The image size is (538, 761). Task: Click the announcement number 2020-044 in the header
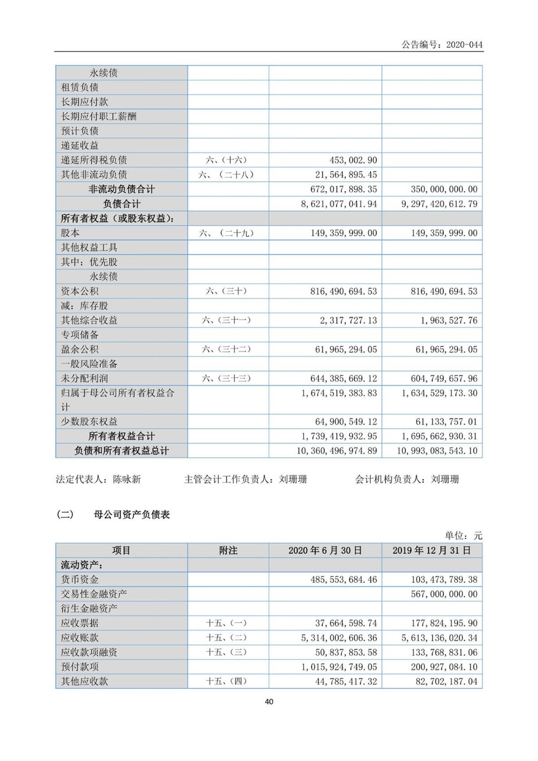tap(464, 44)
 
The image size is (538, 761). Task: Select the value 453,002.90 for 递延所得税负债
tap(353, 160)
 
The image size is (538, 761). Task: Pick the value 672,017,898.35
tap(339, 189)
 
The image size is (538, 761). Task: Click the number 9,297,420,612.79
tap(439, 204)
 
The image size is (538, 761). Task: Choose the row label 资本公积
tap(79, 291)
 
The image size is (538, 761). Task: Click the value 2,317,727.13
tap(348, 321)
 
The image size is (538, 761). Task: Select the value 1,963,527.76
tap(449, 321)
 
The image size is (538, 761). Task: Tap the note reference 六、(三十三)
tap(226, 378)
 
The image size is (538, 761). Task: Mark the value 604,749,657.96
tap(444, 378)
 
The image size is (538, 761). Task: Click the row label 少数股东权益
tap(89, 422)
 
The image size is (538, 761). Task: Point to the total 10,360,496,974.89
tap(337, 451)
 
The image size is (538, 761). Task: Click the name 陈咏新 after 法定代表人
tap(127, 479)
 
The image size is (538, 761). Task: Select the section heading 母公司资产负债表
tap(132, 515)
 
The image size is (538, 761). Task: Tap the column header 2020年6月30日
tap(325, 551)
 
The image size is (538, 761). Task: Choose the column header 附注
tap(228, 551)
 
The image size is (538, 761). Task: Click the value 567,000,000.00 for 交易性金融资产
tap(444, 594)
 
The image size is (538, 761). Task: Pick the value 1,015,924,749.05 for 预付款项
tap(339, 667)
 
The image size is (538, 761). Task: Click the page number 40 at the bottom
tap(269, 702)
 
